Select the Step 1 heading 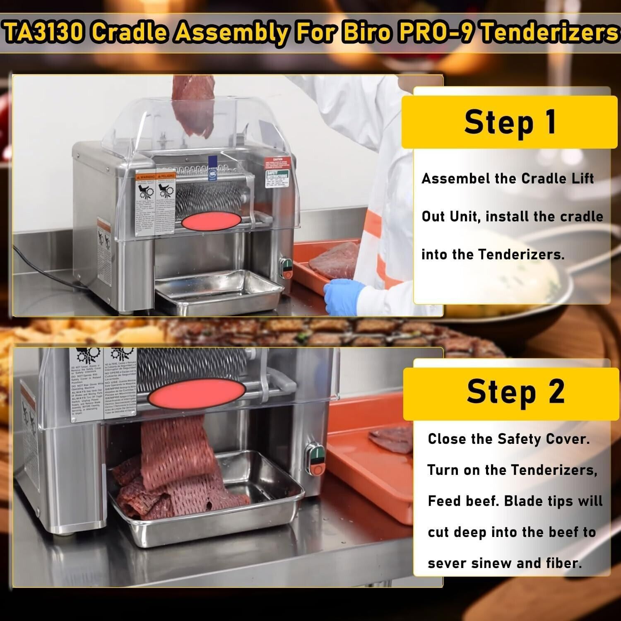pos(510,122)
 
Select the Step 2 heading pos(515,392)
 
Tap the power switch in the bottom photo pos(315,460)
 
